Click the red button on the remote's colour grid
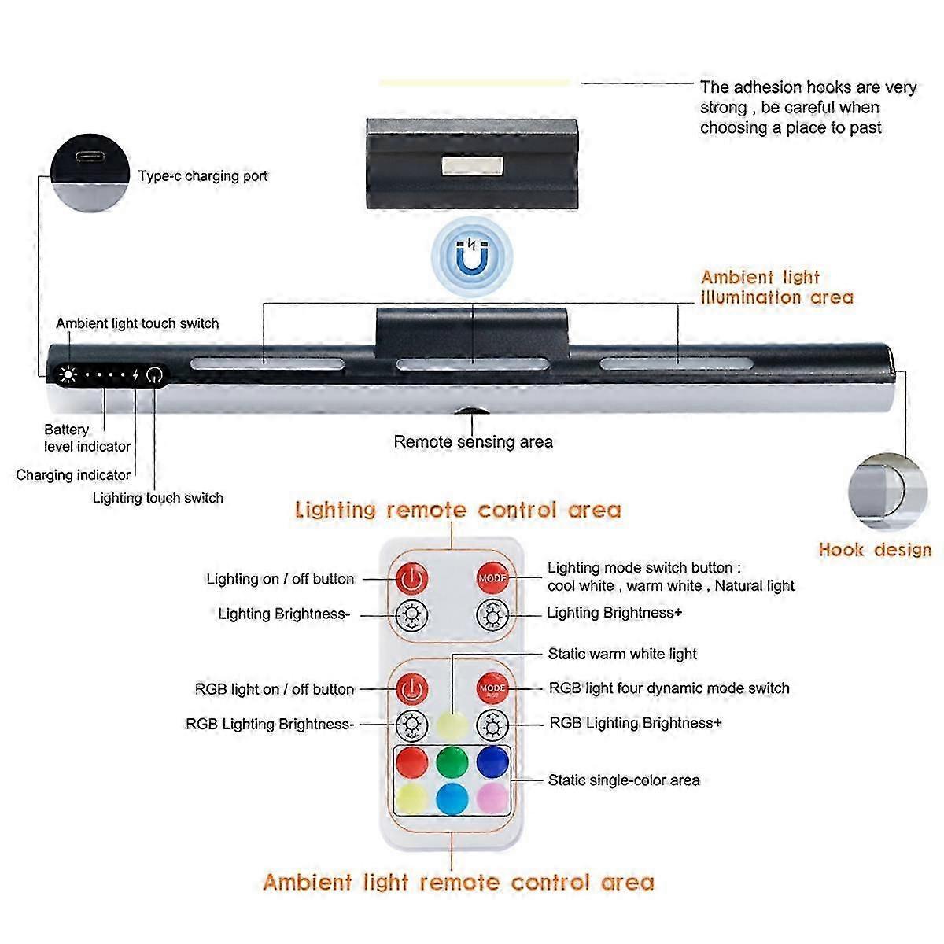pos(411,761)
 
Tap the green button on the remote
pos(452,761)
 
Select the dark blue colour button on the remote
pos(492,761)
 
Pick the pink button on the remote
pos(492,798)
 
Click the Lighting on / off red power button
pos(411,579)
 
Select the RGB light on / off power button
pos(411,689)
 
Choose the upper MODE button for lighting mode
pos(492,579)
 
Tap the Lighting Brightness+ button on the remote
pos(492,614)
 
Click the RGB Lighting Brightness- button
pos(411,725)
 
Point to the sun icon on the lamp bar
pos(68,374)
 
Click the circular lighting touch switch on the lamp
pos(154,374)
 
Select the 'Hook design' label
pos(875,550)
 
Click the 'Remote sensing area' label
pos(473,442)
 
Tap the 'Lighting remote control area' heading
pos(458,511)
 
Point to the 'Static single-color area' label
pos(624,780)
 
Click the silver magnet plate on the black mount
pos(472,166)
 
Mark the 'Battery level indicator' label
pos(87,438)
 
